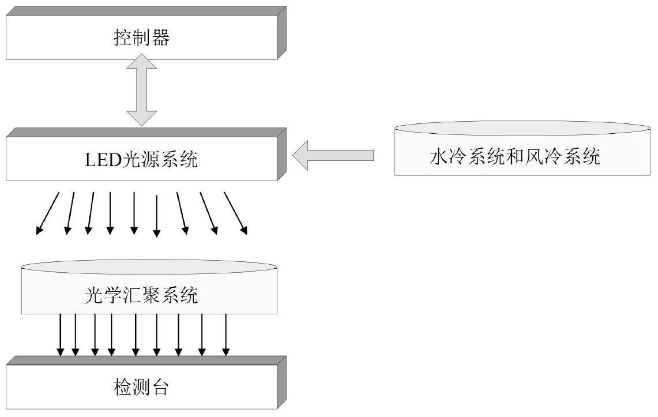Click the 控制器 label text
pos(141,37)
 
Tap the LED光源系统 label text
pos(141,159)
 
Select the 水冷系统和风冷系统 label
pos(514,156)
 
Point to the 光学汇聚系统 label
pos(141,295)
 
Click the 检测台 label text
pos(141,387)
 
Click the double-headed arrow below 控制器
pos(141,90)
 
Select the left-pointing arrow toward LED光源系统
pos(333,155)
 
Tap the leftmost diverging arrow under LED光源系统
pos(47,213)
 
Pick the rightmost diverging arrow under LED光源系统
pos(235,213)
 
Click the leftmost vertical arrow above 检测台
pos(61,335)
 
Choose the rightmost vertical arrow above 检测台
pos(226,335)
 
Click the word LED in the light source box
pos(103,160)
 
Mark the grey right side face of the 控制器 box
pos(281,33)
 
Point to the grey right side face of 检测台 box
pos(281,382)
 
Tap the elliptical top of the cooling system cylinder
pos(522,128)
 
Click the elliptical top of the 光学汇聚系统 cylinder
pos(149,266)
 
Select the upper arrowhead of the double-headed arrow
pos(141,61)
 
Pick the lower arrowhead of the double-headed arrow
pos(141,118)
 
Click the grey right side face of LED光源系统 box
pos(281,155)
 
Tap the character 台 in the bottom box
pos(160,387)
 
